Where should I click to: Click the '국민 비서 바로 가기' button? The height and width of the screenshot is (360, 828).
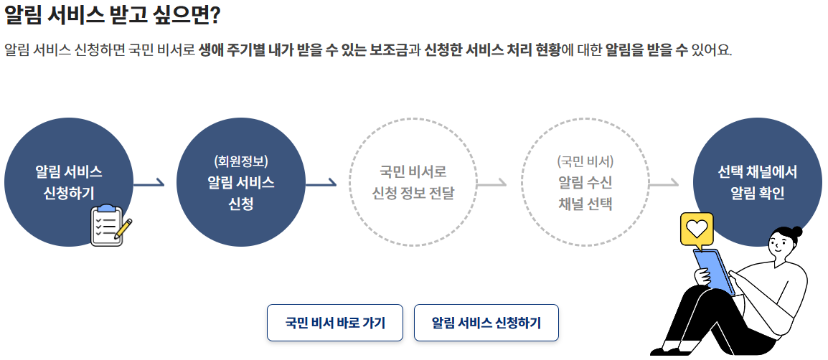(335, 323)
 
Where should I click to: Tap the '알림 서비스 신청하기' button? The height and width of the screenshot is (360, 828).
(486, 323)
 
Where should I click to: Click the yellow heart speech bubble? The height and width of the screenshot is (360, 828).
(697, 229)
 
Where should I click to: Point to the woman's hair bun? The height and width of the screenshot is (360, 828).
(795, 231)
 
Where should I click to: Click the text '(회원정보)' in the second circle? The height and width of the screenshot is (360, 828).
(241, 161)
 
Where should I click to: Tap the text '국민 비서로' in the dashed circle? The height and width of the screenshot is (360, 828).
(413, 172)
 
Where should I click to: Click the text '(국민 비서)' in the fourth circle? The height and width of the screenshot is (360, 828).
(585, 161)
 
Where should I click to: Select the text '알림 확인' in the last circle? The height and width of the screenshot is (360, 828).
(758, 194)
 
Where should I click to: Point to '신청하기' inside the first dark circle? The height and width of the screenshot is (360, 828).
(69, 194)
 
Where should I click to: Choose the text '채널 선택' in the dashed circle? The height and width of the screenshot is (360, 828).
(585, 203)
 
